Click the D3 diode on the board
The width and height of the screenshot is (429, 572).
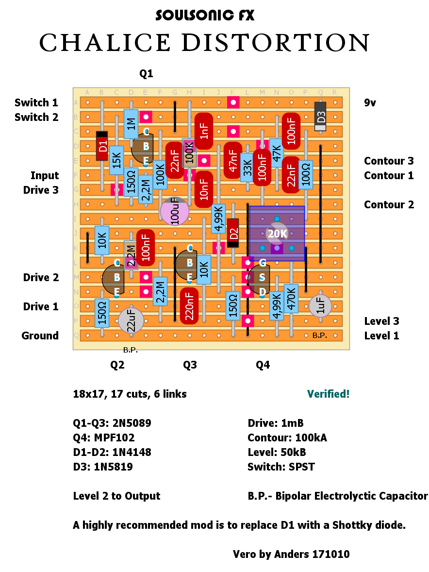(320, 117)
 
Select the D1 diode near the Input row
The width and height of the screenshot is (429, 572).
(102, 146)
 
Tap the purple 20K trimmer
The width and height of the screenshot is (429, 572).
(277, 234)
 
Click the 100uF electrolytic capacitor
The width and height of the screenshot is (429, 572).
(175, 211)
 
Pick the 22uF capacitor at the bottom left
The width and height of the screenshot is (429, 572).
(131, 320)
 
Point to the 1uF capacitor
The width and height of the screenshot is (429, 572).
(320, 306)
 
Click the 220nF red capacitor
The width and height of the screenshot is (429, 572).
(189, 306)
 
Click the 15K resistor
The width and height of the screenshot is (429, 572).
(116, 160)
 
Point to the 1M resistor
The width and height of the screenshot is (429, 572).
(131, 124)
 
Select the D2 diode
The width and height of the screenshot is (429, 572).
(233, 233)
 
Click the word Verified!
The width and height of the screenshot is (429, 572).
(328, 394)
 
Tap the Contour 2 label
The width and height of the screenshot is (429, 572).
(389, 204)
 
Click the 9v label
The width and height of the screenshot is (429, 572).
(371, 102)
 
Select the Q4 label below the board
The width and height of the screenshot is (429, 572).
(263, 365)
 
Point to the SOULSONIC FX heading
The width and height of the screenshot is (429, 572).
(205, 16)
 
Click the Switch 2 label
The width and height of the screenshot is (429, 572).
(36, 117)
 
